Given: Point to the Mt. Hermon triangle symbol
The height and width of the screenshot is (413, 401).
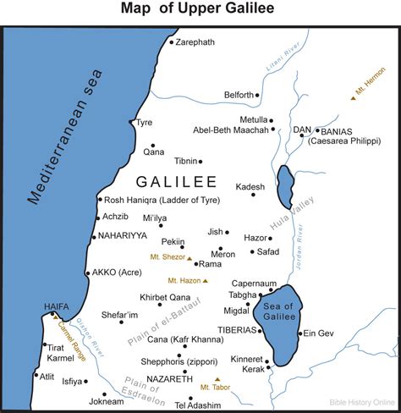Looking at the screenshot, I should click(354, 98).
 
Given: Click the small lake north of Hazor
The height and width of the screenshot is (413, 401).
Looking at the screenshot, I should click(285, 184).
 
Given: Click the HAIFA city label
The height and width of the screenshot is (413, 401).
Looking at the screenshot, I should click(50, 307).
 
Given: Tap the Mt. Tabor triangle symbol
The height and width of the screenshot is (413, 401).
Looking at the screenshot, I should click(217, 379).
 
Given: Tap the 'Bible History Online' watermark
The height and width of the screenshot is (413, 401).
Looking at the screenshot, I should click(358, 401).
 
